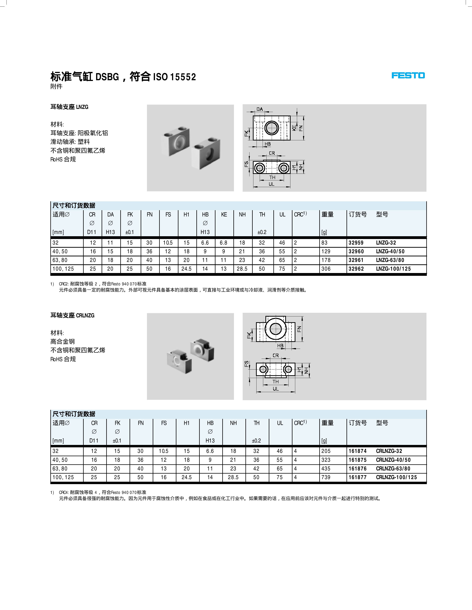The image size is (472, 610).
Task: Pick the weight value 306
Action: pyautogui.click(x=326, y=269)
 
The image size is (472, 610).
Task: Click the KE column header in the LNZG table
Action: pyautogui.click(x=224, y=214)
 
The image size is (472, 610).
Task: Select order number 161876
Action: pyautogui.click(x=357, y=469)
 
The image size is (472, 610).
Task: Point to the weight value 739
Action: pyautogui.click(x=326, y=477)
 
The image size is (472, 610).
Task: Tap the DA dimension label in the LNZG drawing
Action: pyautogui.click(x=260, y=109)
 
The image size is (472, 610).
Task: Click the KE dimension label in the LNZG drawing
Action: pyautogui.click(x=294, y=128)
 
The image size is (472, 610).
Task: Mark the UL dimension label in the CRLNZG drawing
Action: pyautogui.click(x=276, y=389)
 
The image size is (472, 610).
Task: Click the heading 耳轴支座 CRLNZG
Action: pyautogui.click(x=72, y=315)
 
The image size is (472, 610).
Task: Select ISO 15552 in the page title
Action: pyautogui.click(x=175, y=77)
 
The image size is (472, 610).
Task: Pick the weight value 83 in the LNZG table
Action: pyautogui.click(x=324, y=243)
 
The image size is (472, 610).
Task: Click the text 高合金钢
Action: pyautogui.click(x=62, y=341)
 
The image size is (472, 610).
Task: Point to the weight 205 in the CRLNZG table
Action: pyautogui.click(x=326, y=451)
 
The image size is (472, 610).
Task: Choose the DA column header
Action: pyautogui.click(x=111, y=214)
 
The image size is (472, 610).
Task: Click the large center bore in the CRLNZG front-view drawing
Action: pyautogui.click(x=276, y=328)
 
